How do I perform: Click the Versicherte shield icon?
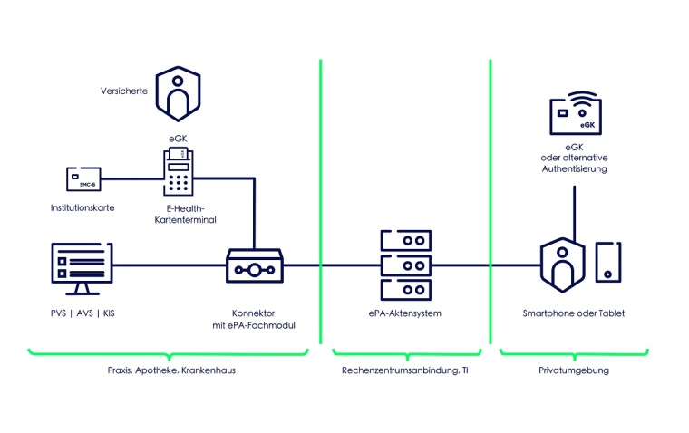(177, 91)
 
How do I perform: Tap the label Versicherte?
(125, 91)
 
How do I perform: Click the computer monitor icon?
(82, 267)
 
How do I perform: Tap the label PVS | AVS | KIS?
(82, 313)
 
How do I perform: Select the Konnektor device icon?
(255, 266)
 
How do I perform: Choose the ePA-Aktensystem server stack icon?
(404, 266)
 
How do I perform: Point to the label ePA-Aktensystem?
(404, 313)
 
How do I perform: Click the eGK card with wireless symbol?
(575, 114)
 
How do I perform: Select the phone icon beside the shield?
(607, 261)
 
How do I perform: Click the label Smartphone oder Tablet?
(574, 313)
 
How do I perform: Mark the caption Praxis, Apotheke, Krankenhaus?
(174, 370)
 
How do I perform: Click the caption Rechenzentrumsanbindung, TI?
(404, 370)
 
